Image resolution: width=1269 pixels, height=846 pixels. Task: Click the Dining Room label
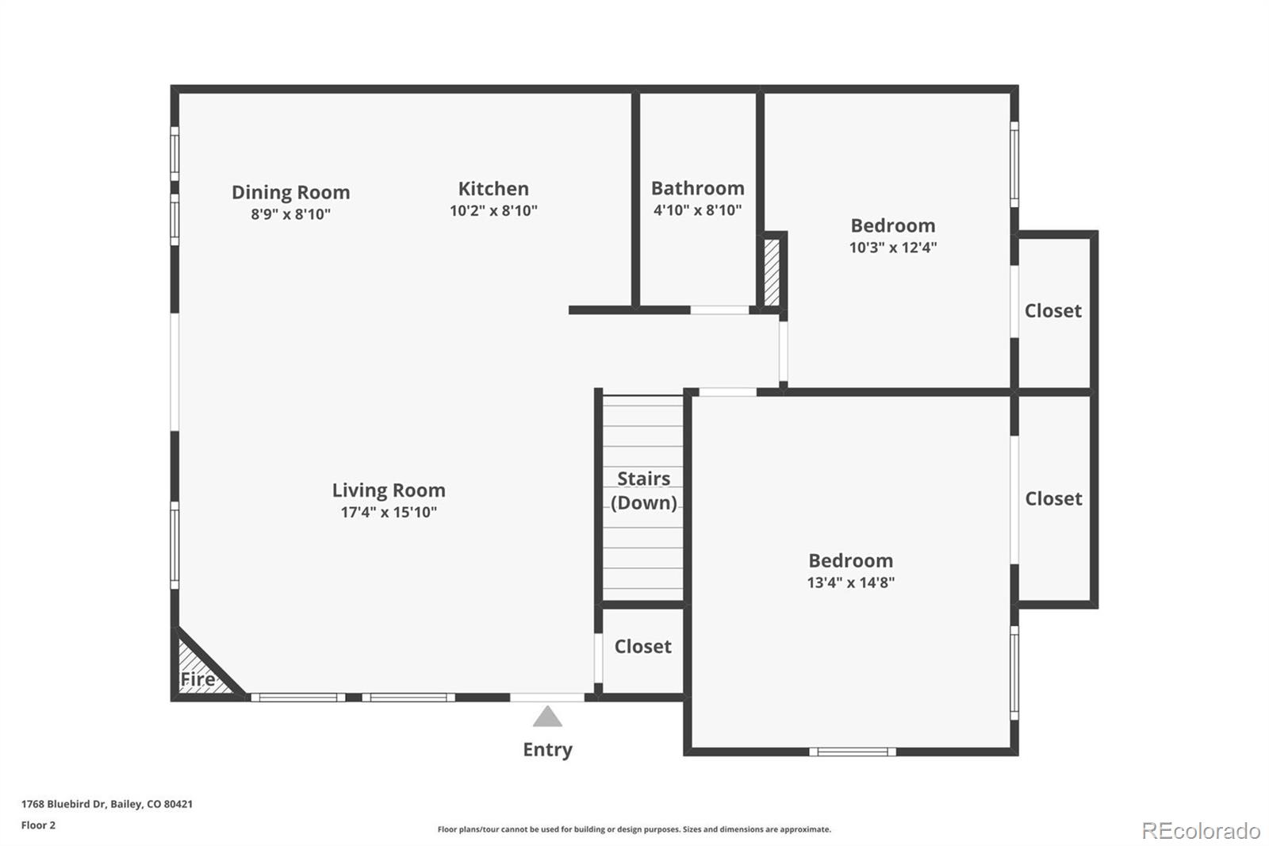pyautogui.click(x=290, y=192)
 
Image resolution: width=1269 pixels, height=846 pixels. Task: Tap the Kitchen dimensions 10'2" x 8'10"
pyautogui.click(x=493, y=210)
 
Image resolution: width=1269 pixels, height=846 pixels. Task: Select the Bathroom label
pyautogui.click(x=697, y=188)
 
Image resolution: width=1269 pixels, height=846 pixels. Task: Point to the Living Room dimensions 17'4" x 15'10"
pyautogui.click(x=389, y=512)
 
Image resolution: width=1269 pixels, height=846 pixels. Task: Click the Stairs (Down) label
pyautogui.click(x=643, y=490)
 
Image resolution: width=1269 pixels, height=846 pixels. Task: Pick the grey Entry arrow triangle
pyautogui.click(x=547, y=717)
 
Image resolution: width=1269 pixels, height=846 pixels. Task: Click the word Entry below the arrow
pyautogui.click(x=547, y=749)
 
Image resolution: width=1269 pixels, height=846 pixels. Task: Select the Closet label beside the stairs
pyautogui.click(x=642, y=646)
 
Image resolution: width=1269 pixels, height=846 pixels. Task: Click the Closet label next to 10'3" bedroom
pyautogui.click(x=1052, y=310)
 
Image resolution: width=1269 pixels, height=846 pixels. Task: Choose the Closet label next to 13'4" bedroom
pyautogui.click(x=1053, y=498)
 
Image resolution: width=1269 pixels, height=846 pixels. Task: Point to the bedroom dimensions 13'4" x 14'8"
pyautogui.click(x=850, y=583)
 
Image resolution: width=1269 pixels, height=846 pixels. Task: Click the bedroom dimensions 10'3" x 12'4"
pyautogui.click(x=892, y=248)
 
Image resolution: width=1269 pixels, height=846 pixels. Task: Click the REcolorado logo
pyautogui.click(x=1200, y=830)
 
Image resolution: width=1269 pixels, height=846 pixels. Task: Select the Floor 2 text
pyautogui.click(x=38, y=825)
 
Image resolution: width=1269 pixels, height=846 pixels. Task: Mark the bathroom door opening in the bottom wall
pyautogui.click(x=719, y=310)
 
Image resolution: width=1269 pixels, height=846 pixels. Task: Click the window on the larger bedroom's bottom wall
pyautogui.click(x=853, y=751)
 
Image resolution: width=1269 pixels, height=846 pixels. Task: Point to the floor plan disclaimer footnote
pyautogui.click(x=634, y=829)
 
